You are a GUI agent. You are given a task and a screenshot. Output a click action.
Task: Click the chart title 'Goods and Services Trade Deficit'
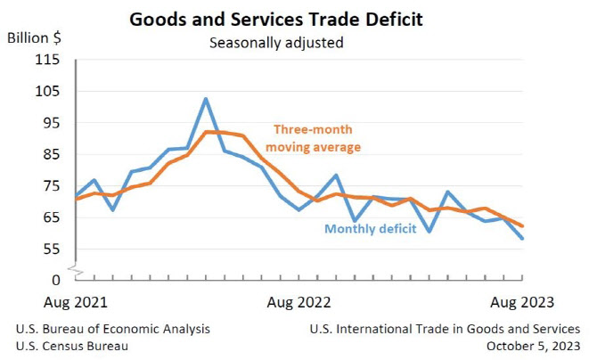click(x=276, y=20)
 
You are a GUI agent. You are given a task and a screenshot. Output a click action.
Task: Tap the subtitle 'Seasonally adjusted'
click(x=276, y=43)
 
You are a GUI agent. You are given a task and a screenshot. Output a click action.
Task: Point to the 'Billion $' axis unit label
click(x=34, y=38)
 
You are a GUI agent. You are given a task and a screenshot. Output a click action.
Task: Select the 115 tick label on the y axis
click(x=47, y=60)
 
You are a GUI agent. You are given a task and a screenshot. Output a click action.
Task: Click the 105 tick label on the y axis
click(x=47, y=91)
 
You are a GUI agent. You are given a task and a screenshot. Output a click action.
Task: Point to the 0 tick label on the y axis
click(x=56, y=280)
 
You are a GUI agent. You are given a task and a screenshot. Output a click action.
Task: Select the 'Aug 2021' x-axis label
click(x=76, y=302)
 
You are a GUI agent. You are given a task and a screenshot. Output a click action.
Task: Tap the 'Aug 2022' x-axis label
click(x=298, y=302)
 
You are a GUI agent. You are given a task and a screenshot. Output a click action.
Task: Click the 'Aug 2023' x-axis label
click(x=522, y=302)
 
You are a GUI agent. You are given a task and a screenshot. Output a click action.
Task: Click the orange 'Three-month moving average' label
click(x=313, y=138)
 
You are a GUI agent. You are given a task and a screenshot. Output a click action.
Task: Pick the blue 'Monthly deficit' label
click(x=371, y=229)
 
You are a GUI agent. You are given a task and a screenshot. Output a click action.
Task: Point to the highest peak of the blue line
click(x=206, y=99)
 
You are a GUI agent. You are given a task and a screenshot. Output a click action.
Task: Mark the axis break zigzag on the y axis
click(x=76, y=269)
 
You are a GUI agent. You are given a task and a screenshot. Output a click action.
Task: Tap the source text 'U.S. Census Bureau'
click(x=72, y=346)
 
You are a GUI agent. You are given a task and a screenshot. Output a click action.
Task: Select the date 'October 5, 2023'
click(x=534, y=346)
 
